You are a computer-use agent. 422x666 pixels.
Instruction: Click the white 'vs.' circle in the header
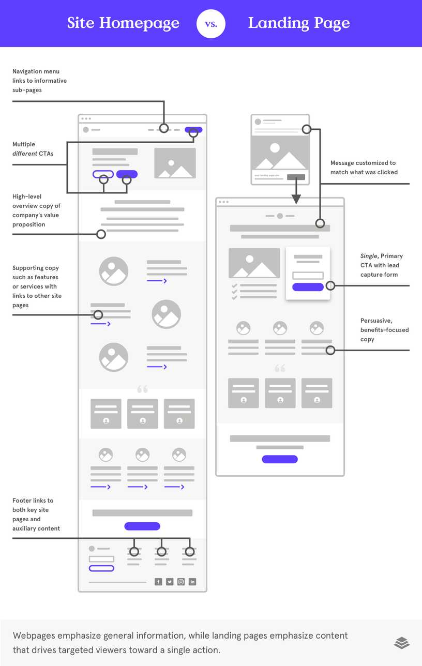(211, 23)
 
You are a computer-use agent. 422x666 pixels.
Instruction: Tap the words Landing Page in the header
(299, 23)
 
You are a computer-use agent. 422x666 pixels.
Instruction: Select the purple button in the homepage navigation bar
(193, 130)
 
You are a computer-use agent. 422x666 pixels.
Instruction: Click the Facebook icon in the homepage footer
(158, 582)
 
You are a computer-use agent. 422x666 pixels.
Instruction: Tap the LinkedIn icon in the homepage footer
(192, 582)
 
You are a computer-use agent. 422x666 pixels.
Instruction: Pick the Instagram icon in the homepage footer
(181, 582)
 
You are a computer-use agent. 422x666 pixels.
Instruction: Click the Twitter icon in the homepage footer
(170, 582)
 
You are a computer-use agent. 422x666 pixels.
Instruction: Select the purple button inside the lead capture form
(308, 286)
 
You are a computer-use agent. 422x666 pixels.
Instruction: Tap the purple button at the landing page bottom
(280, 459)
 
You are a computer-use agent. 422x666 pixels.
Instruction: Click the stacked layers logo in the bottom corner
(402, 643)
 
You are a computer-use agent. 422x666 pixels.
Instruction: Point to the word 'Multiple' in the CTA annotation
(24, 144)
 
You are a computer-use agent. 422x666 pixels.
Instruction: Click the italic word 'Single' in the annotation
(368, 256)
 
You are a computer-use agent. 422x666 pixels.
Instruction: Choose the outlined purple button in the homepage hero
(103, 174)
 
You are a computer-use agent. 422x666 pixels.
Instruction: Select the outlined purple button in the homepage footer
(101, 568)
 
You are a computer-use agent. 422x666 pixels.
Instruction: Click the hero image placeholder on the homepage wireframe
(175, 163)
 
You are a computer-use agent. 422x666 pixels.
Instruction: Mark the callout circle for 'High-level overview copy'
(101, 234)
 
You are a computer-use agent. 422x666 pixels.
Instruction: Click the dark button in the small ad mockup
(296, 177)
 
